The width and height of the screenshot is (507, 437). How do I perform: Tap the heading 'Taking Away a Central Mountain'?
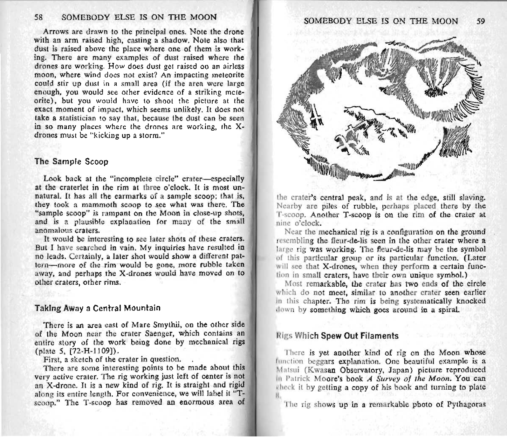97,308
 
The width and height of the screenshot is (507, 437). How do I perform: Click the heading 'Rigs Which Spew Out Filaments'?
337,336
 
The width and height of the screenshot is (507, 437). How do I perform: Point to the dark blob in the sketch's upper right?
435,92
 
